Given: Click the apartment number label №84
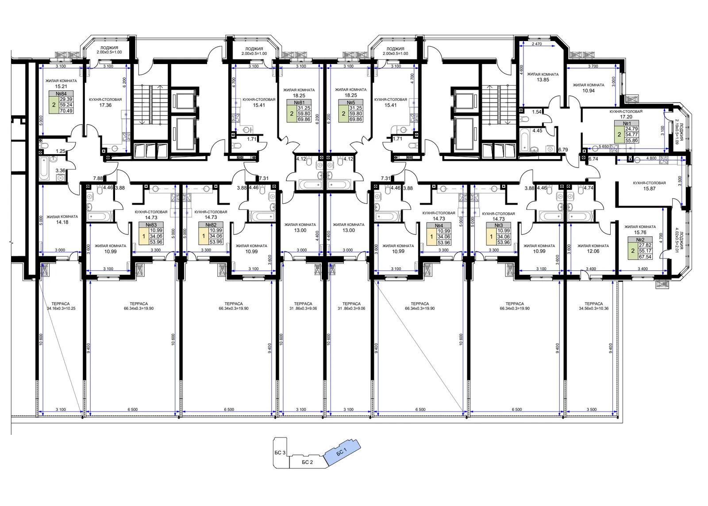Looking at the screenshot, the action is tap(61, 94).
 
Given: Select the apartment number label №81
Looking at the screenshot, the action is tap(299, 103).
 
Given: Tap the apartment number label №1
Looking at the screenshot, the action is tap(627, 123).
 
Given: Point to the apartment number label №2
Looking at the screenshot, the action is tap(640, 240).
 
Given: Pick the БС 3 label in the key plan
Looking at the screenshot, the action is tap(280, 453).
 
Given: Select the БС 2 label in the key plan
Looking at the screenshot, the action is tap(307, 462).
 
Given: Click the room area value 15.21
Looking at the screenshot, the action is tap(61, 86).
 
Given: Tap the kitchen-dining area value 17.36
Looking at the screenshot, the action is tap(105, 105).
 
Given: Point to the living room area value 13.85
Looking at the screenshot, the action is tap(543, 80).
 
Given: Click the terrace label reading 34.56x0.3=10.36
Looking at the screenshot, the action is tap(593, 308).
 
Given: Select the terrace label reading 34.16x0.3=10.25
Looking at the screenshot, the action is tap(61, 308).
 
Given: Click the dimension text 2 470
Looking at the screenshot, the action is tap(537, 44).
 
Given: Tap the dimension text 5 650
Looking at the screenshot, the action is tap(604, 146).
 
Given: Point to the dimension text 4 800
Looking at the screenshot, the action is tap(651, 158).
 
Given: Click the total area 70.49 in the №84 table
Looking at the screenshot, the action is tap(66, 111).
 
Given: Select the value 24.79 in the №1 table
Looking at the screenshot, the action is tap(631, 129).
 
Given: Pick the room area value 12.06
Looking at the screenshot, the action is tap(593, 251).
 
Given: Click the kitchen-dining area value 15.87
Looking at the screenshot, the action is tap(649, 188).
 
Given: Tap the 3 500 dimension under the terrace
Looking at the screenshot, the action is tap(592, 409).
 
